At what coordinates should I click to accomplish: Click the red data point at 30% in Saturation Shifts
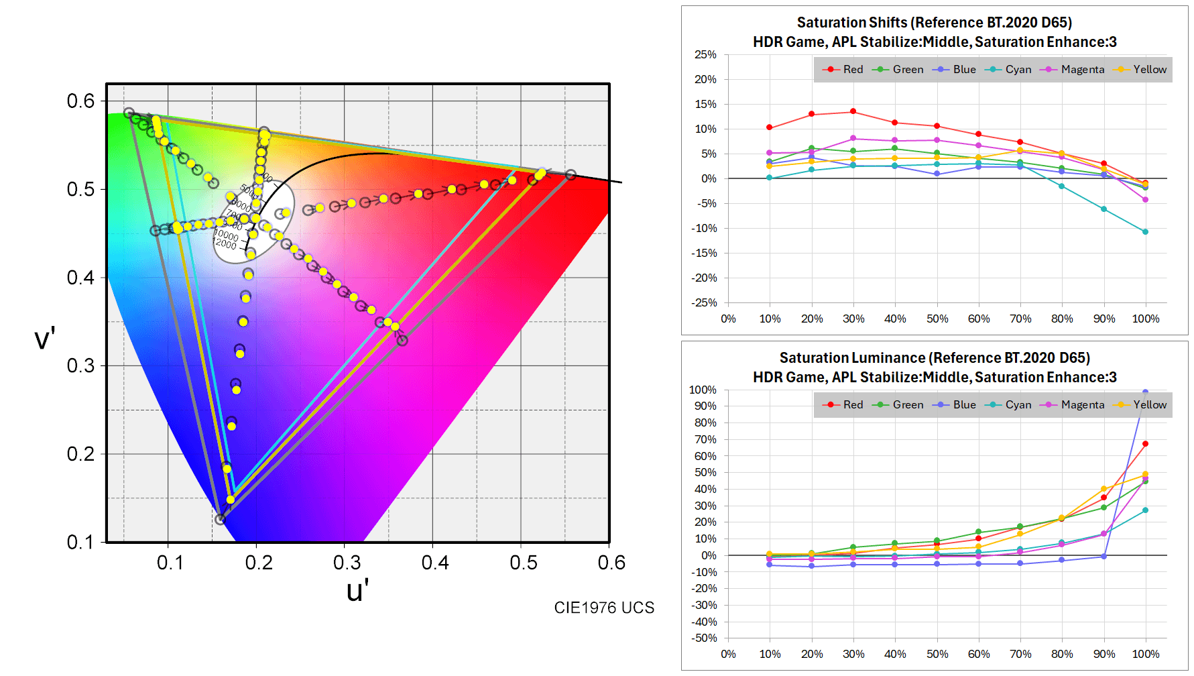(853, 111)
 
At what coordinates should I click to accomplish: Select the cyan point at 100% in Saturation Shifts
(1145, 232)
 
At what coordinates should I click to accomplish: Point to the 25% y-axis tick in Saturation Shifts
(705, 55)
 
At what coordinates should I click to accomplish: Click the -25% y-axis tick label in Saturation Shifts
(704, 303)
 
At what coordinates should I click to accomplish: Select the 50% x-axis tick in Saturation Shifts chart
(937, 319)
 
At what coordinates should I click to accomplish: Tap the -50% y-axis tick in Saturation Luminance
(704, 638)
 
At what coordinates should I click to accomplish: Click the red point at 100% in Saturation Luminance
(1145, 444)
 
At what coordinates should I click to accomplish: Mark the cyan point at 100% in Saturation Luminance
(1145, 510)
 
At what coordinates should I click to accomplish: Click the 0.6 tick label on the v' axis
(81, 101)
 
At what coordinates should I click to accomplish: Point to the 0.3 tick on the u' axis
(347, 563)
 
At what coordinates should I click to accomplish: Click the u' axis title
(357, 591)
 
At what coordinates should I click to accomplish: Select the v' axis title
(45, 339)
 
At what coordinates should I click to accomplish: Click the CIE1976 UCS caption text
(604, 608)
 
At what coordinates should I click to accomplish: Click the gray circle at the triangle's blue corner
(220, 519)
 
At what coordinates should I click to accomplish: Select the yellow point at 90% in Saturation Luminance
(1103, 489)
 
